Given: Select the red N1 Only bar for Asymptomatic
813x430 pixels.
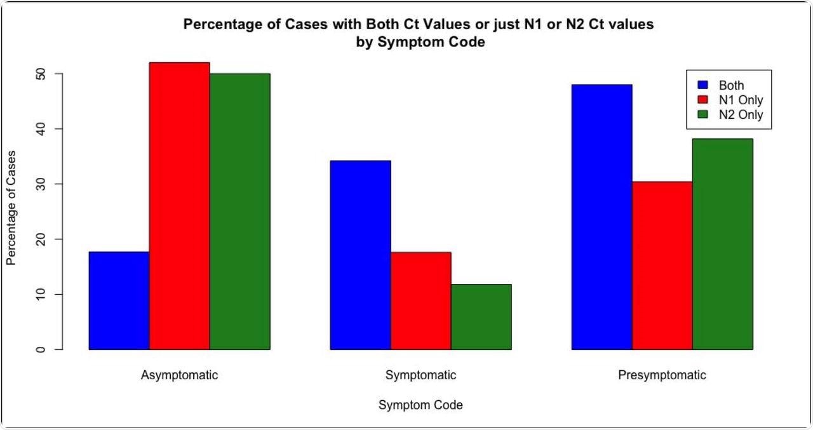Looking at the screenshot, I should pyautogui.click(x=179, y=206).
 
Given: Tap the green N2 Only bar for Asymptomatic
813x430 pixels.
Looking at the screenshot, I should pyautogui.click(x=239, y=212).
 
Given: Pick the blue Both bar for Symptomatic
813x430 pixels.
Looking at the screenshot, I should pyautogui.click(x=360, y=255).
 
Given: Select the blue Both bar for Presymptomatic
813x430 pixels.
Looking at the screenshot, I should pyautogui.click(x=601, y=217).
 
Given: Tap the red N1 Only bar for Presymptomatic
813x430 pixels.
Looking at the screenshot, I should pyautogui.click(x=662, y=265).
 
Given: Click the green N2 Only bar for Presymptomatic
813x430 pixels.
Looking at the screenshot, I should pyautogui.click(x=722, y=244).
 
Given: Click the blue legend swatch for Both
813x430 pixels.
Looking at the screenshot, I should pyautogui.click(x=702, y=84).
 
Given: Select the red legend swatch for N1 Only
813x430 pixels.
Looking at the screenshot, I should pyautogui.click(x=702, y=100).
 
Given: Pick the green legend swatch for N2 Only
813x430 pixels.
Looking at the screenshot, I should pyautogui.click(x=702, y=115).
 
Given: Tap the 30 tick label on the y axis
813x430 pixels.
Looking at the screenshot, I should pyautogui.click(x=41, y=184).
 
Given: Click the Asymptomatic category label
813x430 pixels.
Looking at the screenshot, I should pyautogui.click(x=179, y=375).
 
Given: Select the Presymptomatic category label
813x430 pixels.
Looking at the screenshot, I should pyautogui.click(x=662, y=375).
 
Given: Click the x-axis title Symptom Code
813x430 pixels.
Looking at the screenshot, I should pyautogui.click(x=420, y=405).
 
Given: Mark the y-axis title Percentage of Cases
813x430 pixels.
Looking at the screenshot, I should pyautogui.click(x=11, y=208).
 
